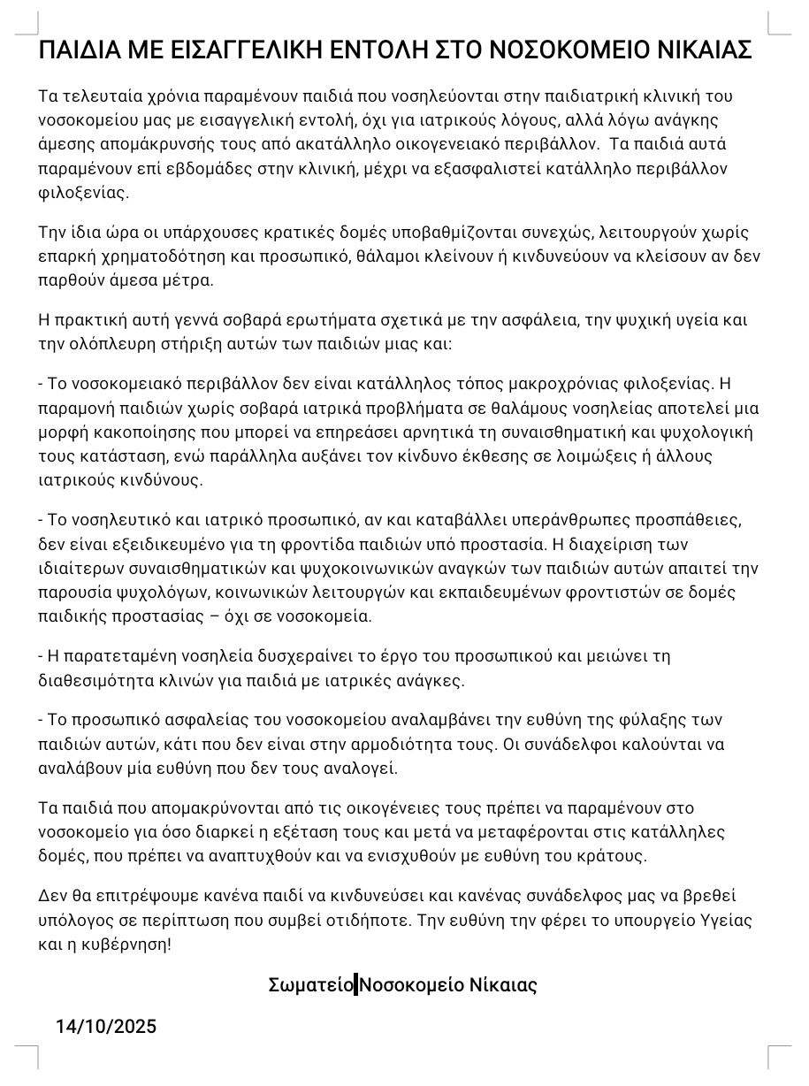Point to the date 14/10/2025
tap(106, 1026)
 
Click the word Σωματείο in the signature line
tap(310, 984)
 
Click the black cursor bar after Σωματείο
tap(355, 984)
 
